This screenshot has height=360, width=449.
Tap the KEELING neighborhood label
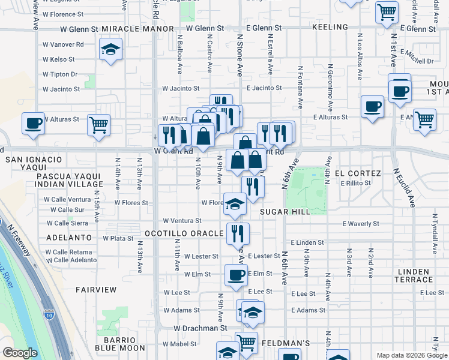(330, 28)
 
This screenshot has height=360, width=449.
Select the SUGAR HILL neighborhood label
(285, 212)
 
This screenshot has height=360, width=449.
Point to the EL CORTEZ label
(358, 173)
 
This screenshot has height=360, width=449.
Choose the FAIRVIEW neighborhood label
(96, 290)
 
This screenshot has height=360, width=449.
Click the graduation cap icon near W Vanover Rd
(110, 50)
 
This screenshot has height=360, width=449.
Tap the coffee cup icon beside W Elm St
(236, 275)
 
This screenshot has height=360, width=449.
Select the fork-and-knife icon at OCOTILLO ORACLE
(238, 233)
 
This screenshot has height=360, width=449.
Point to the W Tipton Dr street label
(60, 74)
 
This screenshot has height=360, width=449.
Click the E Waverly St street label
(361, 224)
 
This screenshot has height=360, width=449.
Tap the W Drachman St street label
(200, 329)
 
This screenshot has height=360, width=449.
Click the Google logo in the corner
(20, 353)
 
